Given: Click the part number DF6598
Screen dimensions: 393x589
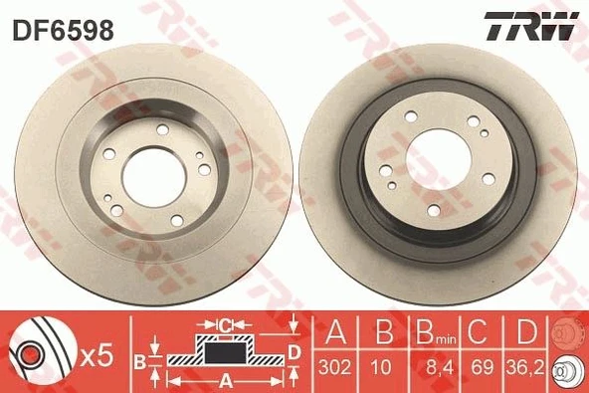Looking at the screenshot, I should coord(62,31).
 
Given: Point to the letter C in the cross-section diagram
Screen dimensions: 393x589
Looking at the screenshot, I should coord(227,323).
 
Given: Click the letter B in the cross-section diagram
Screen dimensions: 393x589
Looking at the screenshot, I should coord(139,358).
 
